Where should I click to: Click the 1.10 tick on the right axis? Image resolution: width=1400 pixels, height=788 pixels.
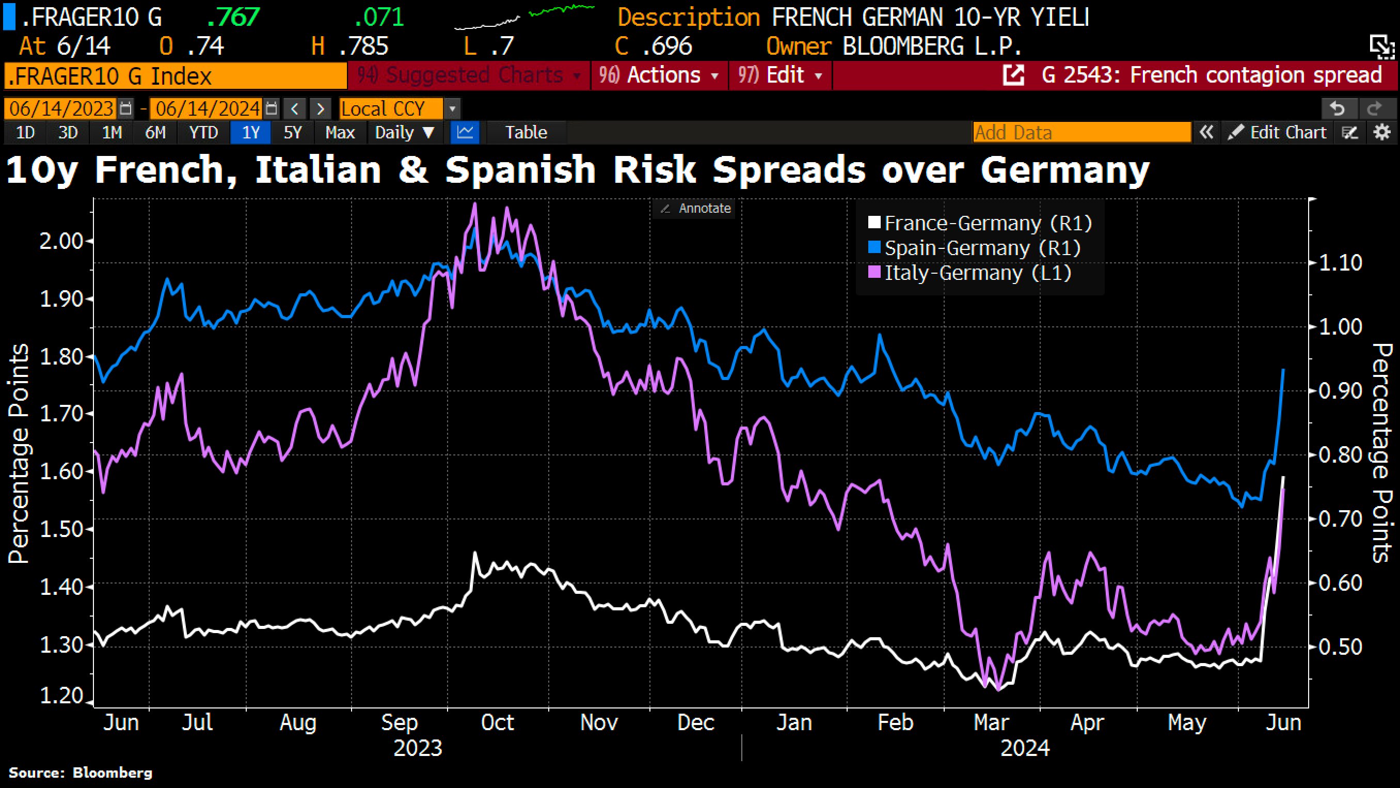pyautogui.click(x=1340, y=263)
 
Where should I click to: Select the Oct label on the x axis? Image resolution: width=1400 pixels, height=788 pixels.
pyautogui.click(x=497, y=723)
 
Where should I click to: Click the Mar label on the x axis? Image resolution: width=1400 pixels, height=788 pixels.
pyautogui.click(x=991, y=723)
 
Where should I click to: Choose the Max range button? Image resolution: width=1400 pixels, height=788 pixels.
pyautogui.click(x=340, y=133)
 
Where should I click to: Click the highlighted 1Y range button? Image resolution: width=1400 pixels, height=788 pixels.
pyautogui.click(x=250, y=133)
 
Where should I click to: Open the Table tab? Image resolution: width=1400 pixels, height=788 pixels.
pyautogui.click(x=526, y=133)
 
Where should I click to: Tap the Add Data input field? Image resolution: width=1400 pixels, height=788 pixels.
pyautogui.click(x=1081, y=133)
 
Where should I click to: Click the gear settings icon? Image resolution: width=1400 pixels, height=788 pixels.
pyautogui.click(x=1382, y=133)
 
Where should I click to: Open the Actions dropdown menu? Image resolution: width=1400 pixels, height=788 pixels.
pyautogui.click(x=658, y=75)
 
